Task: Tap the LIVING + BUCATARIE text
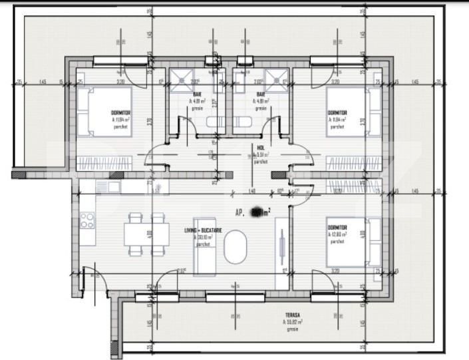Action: point(203,230)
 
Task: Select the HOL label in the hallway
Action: point(261,148)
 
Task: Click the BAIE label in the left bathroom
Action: point(197,94)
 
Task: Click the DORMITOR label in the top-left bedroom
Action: point(120,113)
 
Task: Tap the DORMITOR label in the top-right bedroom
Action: point(337,113)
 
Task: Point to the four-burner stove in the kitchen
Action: point(87,220)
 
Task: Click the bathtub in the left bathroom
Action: point(215,122)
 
